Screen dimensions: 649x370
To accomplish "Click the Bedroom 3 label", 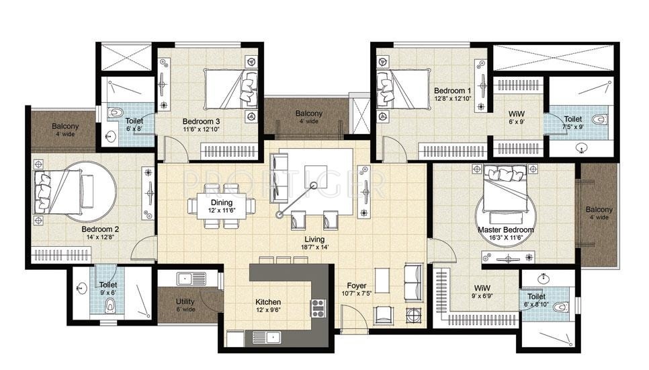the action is tap(201, 121).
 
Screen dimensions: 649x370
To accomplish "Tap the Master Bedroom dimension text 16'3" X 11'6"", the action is tap(506, 238).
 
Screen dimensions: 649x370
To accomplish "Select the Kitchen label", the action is tap(268, 302).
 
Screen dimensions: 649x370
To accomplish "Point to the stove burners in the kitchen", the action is tap(318, 308).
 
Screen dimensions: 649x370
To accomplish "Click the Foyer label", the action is tap(356, 285).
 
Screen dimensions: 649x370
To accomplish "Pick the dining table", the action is tap(222, 205).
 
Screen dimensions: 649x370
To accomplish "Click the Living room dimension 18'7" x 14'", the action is tap(314, 248).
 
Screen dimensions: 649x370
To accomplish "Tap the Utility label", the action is tap(185, 301).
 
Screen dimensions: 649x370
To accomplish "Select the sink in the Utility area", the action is tap(191, 279).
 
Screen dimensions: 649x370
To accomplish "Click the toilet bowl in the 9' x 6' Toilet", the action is tap(110, 306).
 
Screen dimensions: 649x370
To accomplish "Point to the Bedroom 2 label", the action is tap(100, 229).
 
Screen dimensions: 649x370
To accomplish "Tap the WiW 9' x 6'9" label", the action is tap(482, 291).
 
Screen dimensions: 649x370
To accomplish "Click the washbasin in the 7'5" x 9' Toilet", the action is tap(582, 147).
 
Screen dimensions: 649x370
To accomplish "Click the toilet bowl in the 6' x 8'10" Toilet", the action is tap(561, 307).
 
